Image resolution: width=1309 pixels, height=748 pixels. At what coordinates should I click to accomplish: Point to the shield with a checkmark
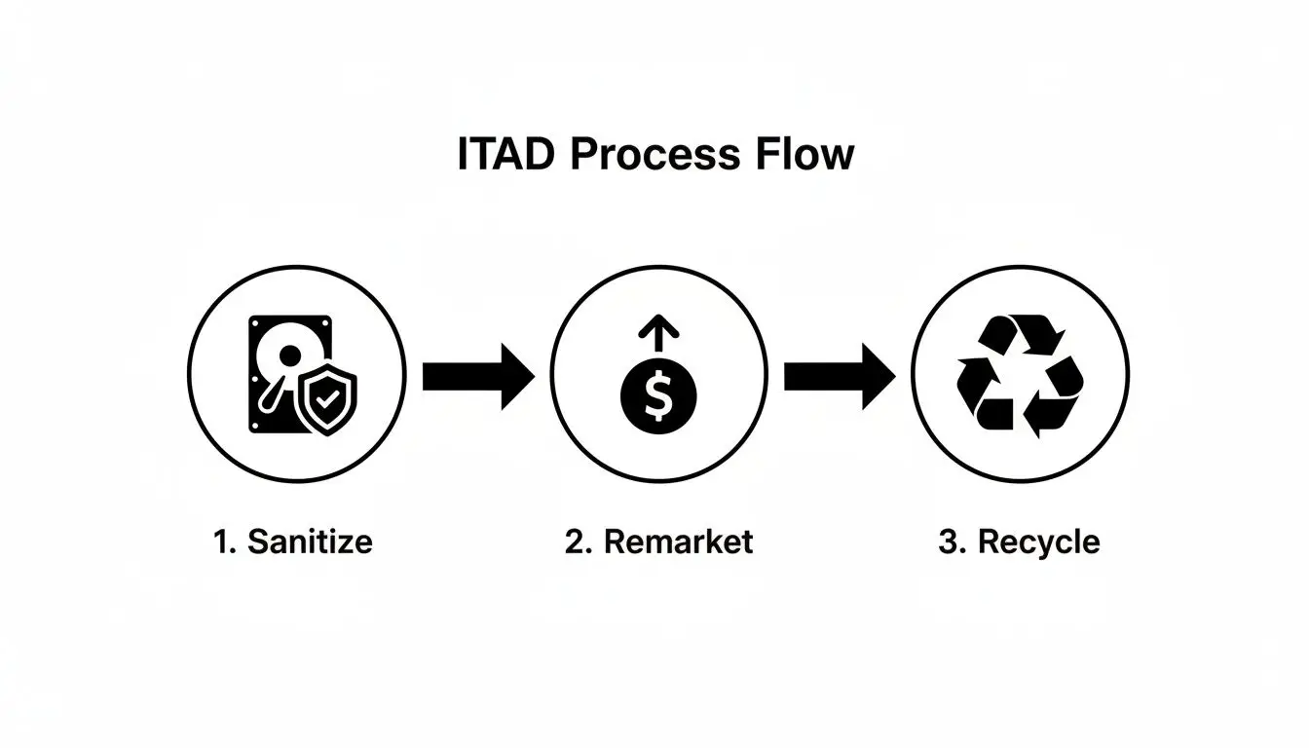(328, 400)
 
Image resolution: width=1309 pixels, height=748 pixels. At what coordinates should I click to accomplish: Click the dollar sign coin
(658, 398)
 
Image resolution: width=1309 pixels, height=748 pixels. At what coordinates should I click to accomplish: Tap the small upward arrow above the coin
(658, 337)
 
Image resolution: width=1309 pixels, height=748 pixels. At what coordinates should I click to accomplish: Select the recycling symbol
(1020, 373)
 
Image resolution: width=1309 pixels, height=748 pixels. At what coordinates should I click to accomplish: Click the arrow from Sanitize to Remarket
(477, 374)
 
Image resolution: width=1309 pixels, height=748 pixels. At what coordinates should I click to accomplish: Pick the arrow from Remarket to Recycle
(839, 374)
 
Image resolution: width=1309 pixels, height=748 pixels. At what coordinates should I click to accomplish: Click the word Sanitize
(310, 542)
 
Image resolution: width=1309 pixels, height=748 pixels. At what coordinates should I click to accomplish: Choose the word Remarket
(678, 542)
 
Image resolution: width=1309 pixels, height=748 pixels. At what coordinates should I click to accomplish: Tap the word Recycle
(1038, 542)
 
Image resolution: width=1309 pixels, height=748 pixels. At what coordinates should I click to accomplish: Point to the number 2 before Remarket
(576, 542)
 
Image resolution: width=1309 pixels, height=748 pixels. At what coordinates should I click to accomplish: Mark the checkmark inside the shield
(328, 399)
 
